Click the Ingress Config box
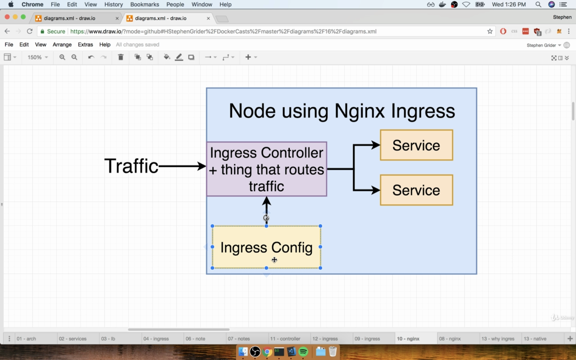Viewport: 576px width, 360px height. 266,247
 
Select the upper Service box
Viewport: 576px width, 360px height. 416,145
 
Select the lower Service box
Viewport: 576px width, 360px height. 416,190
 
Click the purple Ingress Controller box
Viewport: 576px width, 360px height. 267,169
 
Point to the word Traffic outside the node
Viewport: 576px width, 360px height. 131,166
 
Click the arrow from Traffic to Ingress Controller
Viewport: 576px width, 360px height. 183,166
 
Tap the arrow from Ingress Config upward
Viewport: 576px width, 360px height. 266,211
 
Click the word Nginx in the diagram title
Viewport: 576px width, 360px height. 360,111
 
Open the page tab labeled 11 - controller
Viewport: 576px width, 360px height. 285,339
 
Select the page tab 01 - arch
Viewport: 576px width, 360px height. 27,339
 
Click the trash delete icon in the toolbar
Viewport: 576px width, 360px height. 121,57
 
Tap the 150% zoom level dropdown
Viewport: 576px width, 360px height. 37,57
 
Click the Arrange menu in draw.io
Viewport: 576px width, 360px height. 62,45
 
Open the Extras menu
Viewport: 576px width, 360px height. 85,45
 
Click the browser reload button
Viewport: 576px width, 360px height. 30,31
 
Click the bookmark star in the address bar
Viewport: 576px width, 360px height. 490,31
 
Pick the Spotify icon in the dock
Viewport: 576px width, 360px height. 303,351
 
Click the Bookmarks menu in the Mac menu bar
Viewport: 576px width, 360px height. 144,4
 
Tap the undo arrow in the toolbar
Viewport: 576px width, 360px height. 91,57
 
